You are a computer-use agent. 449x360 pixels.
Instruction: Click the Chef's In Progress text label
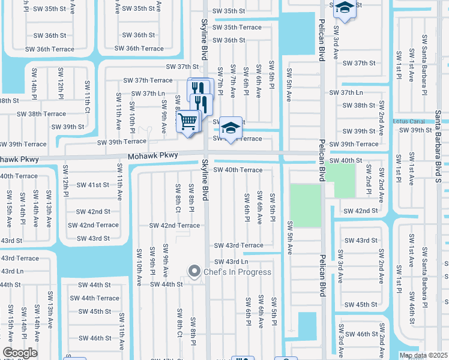pyautogui.click(x=238, y=272)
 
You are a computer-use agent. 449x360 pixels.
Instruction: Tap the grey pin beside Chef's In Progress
pyautogui.click(x=194, y=272)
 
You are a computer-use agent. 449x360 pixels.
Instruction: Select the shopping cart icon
pyautogui.click(x=188, y=121)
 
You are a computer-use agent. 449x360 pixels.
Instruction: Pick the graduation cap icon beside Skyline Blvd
pyautogui.click(x=230, y=127)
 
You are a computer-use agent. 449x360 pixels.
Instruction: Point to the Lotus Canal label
pyautogui.click(x=408, y=121)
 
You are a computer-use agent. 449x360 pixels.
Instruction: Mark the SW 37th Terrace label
pyautogui.click(x=148, y=80)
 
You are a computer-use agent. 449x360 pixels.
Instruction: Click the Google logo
pyautogui.click(x=20, y=353)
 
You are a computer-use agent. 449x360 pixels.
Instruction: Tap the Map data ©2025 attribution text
pyautogui.click(x=423, y=355)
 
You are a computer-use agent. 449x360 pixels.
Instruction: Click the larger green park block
pyautogui.click(x=305, y=205)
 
